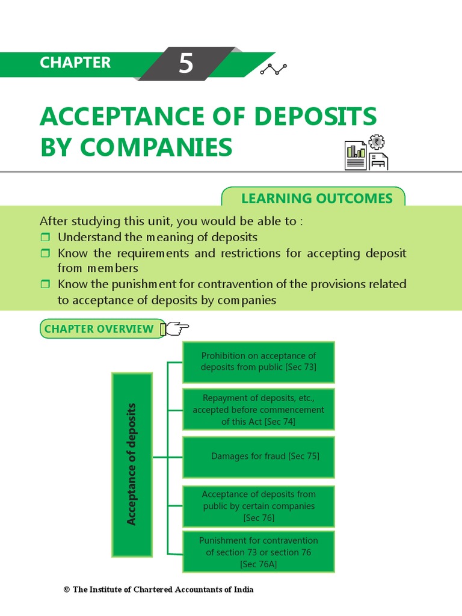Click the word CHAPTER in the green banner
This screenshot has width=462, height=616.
click(75, 63)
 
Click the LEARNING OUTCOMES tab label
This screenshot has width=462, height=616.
click(316, 199)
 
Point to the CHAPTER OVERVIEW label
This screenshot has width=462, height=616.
click(99, 329)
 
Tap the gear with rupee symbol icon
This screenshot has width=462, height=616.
click(377, 143)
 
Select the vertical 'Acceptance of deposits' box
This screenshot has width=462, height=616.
click(132, 464)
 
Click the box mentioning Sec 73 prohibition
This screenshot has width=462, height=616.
click(259, 362)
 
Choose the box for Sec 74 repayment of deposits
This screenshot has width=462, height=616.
click(259, 410)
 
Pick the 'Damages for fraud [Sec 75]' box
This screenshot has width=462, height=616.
click(259, 457)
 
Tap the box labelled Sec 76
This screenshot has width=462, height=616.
click(259, 505)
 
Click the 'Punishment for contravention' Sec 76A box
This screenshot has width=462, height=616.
click(259, 552)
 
